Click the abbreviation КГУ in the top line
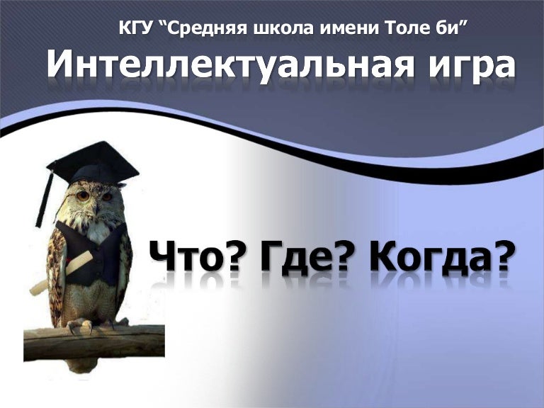tap(135, 28)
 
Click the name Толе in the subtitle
tap(406, 28)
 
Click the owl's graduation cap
tap(93, 163)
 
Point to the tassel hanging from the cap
tap(44, 200)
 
